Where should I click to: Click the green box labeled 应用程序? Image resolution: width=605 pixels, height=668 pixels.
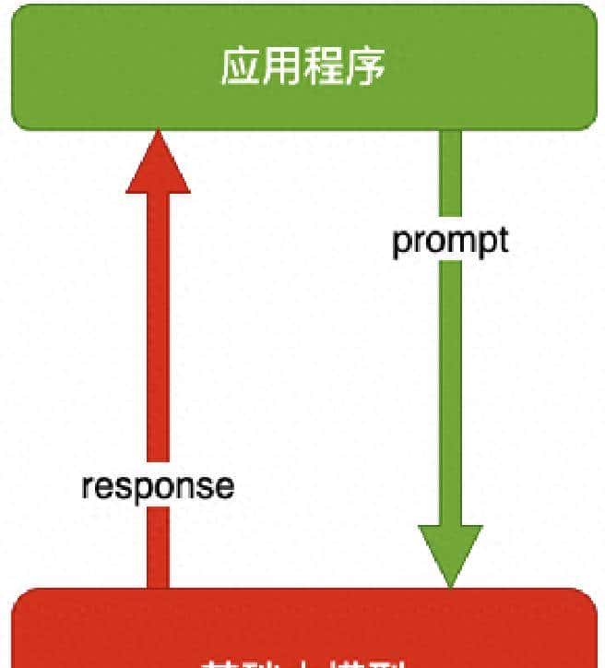[302, 66]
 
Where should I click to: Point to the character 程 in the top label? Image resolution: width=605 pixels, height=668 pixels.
[323, 66]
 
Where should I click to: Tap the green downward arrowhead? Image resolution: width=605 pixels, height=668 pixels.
[450, 552]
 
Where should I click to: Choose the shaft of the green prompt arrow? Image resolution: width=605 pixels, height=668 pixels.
[450, 369]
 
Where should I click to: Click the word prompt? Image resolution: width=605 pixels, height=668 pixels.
[450, 241]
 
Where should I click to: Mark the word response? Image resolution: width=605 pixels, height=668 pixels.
[158, 486]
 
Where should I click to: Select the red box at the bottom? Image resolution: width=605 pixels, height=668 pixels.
[302, 632]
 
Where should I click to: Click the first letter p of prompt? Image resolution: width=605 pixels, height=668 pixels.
[401, 243]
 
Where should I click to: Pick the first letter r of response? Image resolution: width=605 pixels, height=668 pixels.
[87, 487]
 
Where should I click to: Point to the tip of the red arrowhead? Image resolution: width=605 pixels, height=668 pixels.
[159, 132]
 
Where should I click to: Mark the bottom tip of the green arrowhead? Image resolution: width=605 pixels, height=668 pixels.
[450, 585]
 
